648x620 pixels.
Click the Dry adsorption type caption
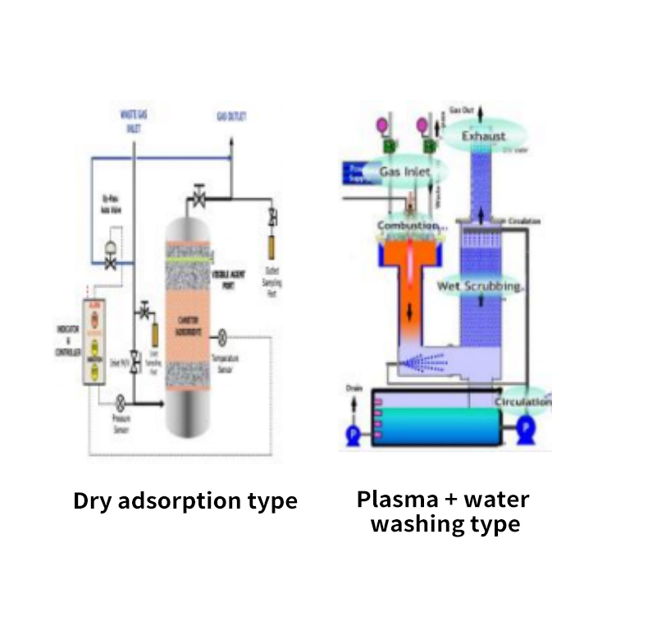[185, 500]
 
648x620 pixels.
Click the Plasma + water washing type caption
[444, 511]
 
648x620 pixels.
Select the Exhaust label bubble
[484, 135]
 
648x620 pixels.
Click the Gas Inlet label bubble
[404, 172]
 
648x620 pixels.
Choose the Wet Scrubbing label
[481, 287]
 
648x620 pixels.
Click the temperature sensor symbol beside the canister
[221, 337]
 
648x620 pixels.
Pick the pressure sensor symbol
[121, 402]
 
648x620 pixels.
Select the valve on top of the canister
[199, 197]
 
